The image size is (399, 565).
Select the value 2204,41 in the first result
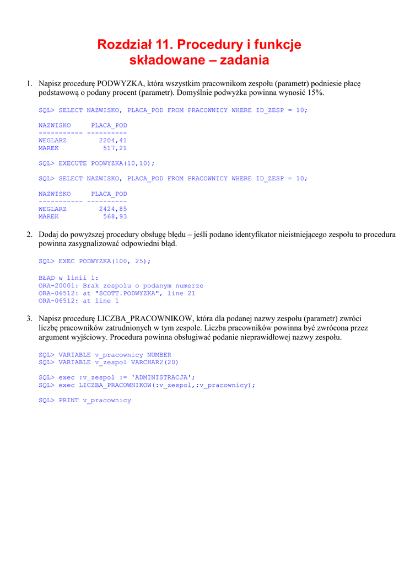tap(113, 141)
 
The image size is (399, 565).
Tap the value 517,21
tap(115, 148)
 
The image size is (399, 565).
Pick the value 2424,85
tap(113, 209)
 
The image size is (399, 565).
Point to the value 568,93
tap(115, 217)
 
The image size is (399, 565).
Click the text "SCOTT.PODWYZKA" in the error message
tap(129, 294)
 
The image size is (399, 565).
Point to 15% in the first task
tap(315, 93)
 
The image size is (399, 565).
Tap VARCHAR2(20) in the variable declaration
tap(155, 363)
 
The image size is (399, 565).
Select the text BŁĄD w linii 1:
tap(69, 278)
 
